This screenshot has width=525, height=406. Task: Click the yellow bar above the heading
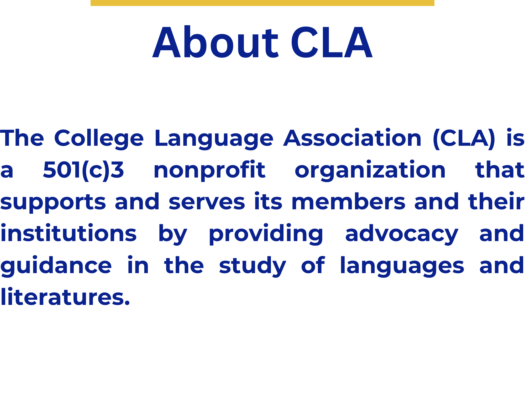point(262,3)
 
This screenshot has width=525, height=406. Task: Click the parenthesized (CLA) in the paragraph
point(464,139)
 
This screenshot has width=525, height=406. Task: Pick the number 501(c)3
point(83,170)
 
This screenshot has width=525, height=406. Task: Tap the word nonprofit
point(209,170)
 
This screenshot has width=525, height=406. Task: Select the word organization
point(370,170)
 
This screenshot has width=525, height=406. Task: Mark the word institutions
point(69,233)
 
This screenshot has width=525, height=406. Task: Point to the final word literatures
point(65,297)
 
